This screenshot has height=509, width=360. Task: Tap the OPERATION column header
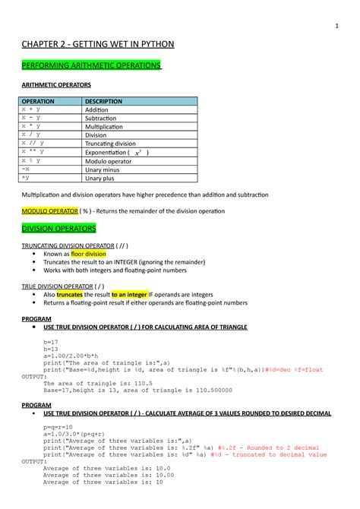point(37,101)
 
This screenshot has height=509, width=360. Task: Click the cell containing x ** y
point(33,152)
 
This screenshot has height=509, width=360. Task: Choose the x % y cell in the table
point(31,161)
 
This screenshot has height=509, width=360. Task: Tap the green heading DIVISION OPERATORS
point(58,228)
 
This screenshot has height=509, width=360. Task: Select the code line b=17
point(52,343)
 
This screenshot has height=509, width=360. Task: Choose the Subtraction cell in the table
point(106,118)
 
